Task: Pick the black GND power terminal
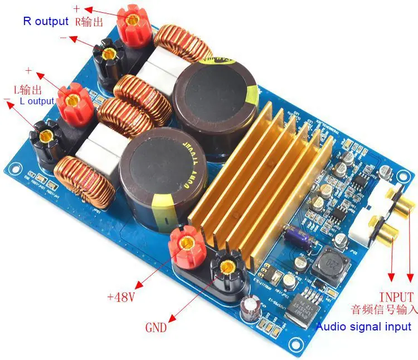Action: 227,267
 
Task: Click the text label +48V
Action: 121,297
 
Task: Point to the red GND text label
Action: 155,328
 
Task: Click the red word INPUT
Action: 397,297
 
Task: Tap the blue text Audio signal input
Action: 363,327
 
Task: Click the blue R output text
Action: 45,22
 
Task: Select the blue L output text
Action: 37,101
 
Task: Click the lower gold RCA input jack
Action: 390,228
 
